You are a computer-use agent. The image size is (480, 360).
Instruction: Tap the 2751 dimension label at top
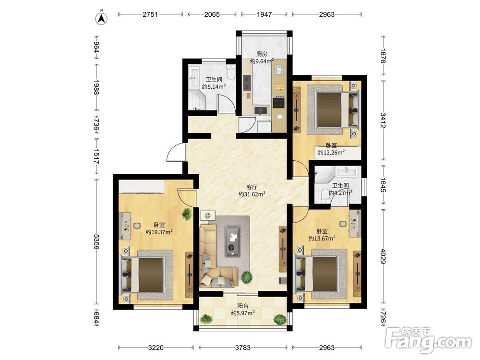[150, 14]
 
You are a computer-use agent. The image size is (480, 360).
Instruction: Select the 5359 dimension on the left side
[96, 242]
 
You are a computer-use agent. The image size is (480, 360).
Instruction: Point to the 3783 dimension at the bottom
[243, 348]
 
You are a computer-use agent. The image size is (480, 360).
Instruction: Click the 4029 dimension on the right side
[383, 256]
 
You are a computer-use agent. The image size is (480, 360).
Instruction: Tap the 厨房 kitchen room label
[262, 54]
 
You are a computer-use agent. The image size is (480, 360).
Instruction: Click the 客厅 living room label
[252, 187]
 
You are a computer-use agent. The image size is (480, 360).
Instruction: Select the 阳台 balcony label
[243, 306]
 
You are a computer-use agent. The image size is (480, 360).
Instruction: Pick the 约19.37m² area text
[159, 232]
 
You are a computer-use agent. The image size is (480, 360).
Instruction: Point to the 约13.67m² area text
[322, 238]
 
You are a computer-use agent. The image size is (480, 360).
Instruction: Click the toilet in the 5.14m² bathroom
[230, 71]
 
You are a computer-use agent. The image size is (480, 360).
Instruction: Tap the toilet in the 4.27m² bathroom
[324, 196]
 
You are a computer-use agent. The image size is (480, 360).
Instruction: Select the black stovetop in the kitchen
[279, 102]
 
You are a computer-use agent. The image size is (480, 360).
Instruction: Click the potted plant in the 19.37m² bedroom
[187, 214]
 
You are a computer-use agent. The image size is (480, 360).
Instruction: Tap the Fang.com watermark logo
[428, 340]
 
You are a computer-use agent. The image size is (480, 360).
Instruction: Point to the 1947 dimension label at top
[264, 14]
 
